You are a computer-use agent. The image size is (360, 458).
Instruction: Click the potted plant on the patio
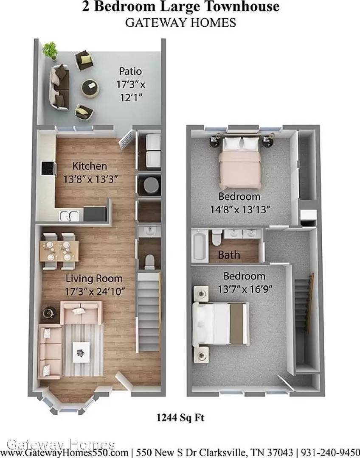pos(50,50)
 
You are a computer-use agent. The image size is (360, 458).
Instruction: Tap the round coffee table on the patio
pos(90,88)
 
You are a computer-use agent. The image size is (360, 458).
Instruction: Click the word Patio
pos(130,71)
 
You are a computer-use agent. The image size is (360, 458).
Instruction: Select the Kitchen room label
pos(90,166)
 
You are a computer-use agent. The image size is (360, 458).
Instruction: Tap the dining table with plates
pos(59,251)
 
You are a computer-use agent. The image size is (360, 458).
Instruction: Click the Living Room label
pos(94,279)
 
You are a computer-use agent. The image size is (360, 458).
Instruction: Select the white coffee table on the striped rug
pos(82,352)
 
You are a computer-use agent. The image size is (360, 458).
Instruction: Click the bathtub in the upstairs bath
pos(200,246)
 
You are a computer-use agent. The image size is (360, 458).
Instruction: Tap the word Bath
pos(229,255)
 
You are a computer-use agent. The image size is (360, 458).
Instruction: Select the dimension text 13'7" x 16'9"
pos(245,289)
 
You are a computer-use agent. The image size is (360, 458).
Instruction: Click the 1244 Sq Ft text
pos(180,418)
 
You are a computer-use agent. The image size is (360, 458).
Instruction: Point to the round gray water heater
pos(151,185)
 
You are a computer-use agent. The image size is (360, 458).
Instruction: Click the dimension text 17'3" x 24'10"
pos(95,291)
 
